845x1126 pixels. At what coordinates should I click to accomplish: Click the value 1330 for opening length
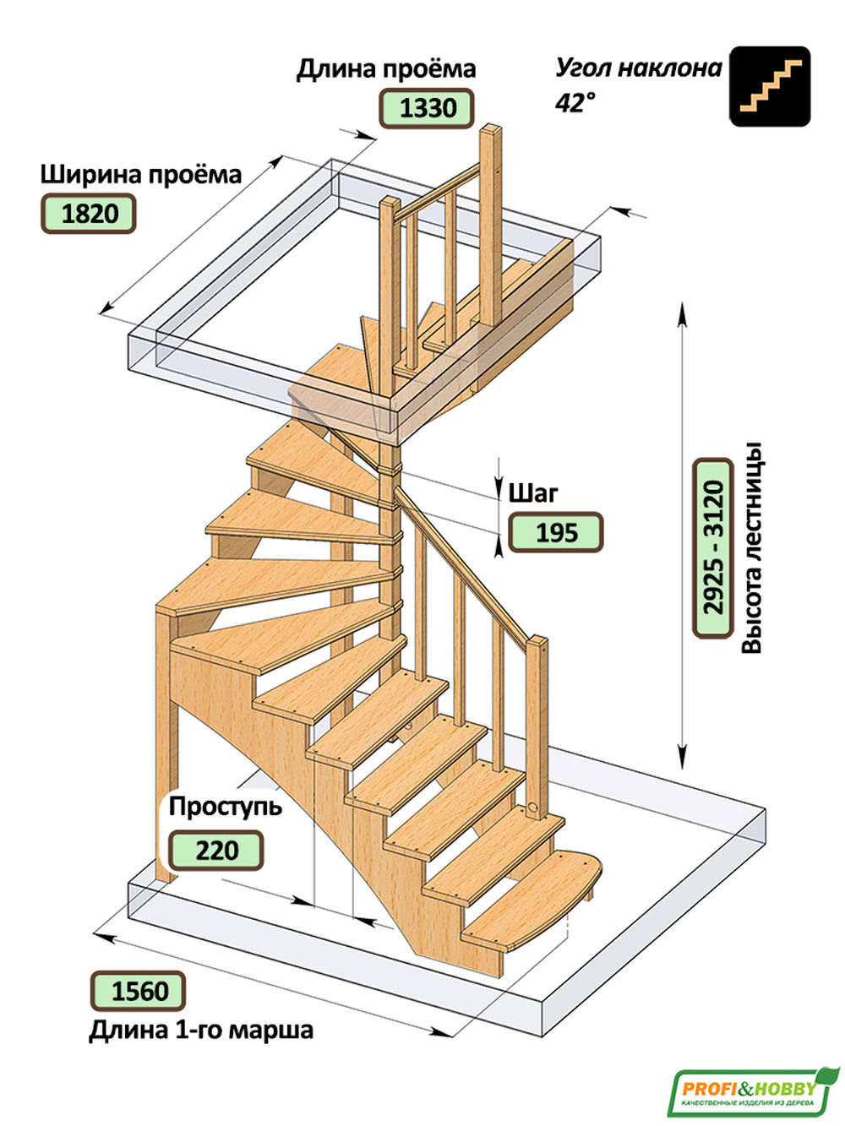[426, 108]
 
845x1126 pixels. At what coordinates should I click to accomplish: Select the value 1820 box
[88, 213]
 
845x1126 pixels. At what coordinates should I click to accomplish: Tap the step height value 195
[555, 533]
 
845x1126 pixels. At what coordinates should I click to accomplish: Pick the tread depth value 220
[216, 850]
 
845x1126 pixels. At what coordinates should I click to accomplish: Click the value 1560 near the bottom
[138, 990]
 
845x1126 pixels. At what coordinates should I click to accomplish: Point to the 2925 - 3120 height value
[712, 547]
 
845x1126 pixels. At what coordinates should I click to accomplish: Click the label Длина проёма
[386, 69]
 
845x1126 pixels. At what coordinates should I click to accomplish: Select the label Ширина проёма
[140, 175]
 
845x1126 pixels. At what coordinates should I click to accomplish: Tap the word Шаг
[533, 492]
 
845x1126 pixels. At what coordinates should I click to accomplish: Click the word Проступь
[225, 806]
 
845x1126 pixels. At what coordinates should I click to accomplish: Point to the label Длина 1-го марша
[200, 1031]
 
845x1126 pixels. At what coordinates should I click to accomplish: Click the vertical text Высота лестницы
[752, 547]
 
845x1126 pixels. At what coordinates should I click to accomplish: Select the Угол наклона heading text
[638, 68]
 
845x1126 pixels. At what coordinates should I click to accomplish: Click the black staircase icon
[770, 86]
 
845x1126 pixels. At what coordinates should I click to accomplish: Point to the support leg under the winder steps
[166, 743]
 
